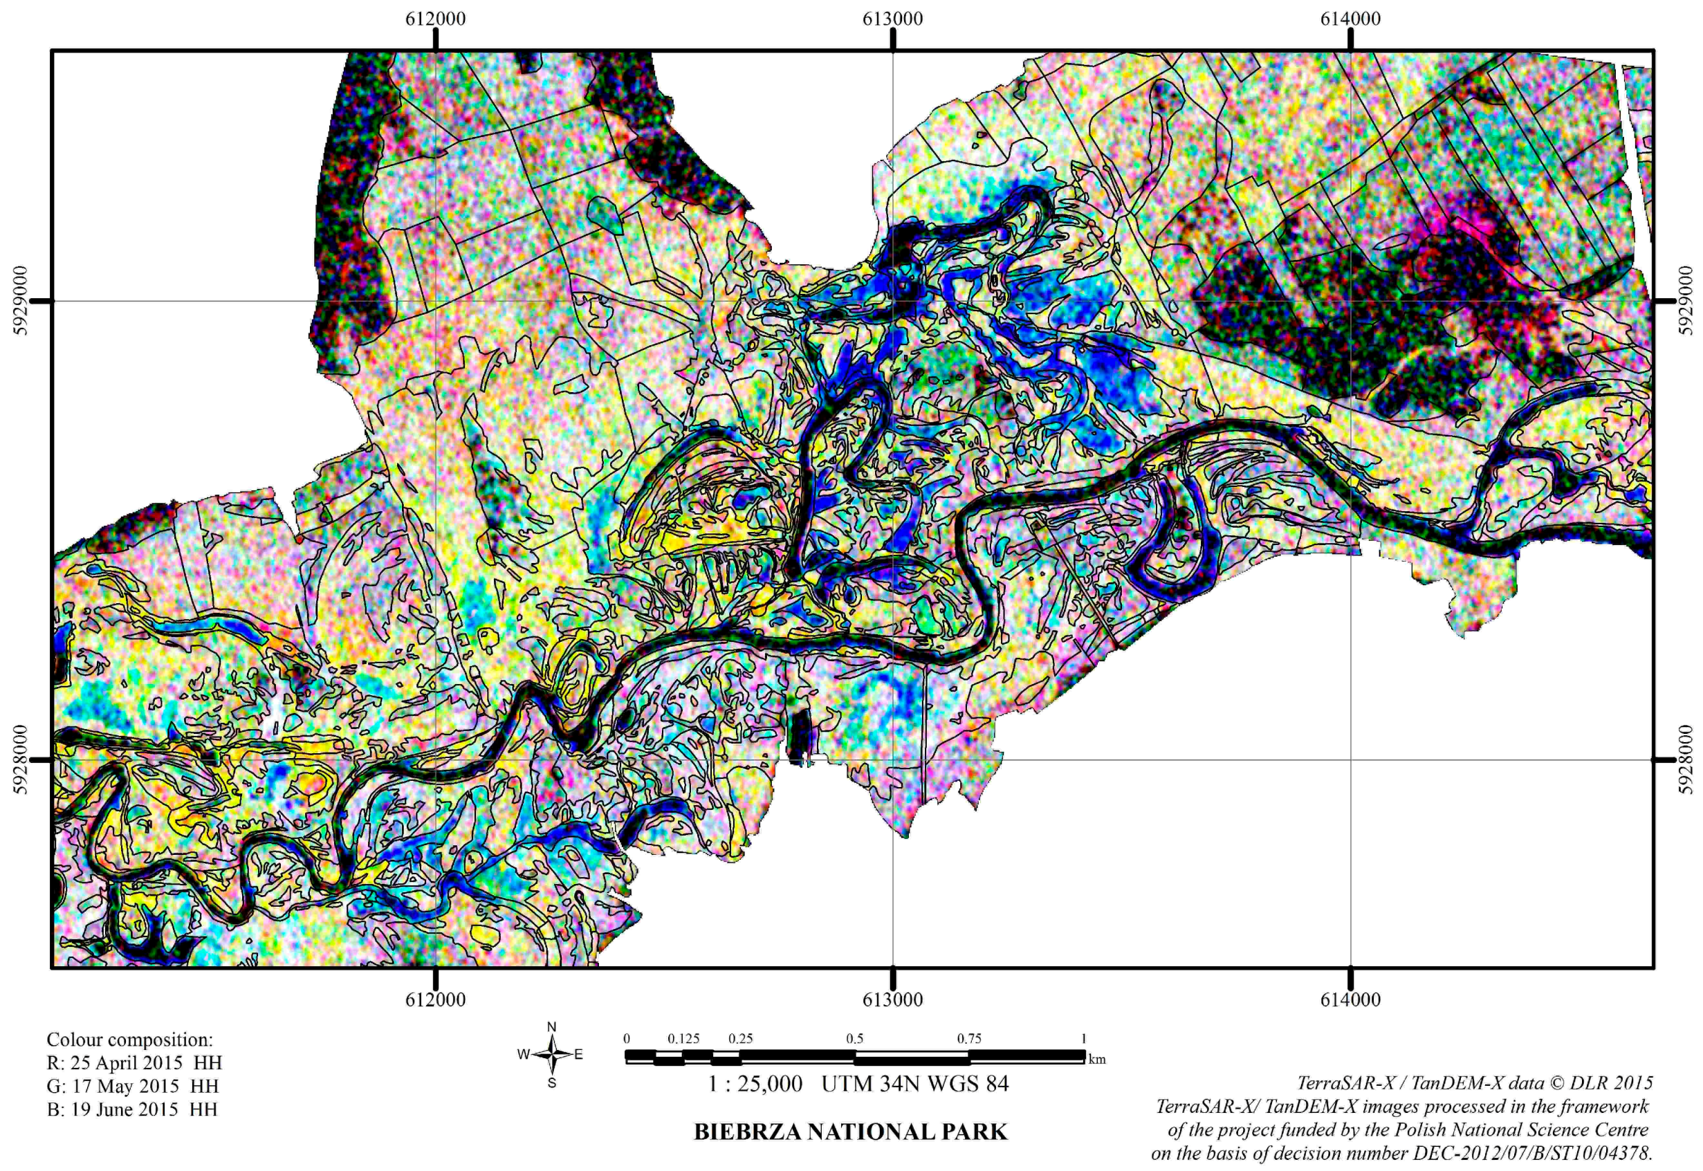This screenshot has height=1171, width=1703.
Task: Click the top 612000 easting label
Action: tap(435, 19)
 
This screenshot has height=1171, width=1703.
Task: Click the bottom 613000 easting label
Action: tap(892, 999)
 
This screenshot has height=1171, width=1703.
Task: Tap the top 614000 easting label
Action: tap(1350, 19)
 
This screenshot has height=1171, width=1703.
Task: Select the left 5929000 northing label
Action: tap(21, 301)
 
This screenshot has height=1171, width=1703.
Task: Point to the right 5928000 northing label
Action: tap(1686, 759)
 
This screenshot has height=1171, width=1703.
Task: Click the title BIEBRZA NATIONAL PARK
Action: tap(851, 1132)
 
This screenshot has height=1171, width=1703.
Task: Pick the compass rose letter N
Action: tap(552, 1026)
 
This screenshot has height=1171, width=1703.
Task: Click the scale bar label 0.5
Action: tap(855, 1039)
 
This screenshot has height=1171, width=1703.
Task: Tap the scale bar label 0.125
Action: tap(683, 1039)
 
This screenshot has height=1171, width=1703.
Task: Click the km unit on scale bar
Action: tap(1098, 1060)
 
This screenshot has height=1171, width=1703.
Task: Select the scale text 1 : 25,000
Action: tap(755, 1084)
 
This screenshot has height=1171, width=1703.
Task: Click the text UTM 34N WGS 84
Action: tap(915, 1084)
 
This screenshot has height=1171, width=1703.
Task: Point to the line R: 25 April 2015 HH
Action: tap(134, 1062)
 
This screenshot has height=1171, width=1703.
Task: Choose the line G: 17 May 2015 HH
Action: tap(132, 1086)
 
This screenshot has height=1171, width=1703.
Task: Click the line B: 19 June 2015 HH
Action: tap(132, 1109)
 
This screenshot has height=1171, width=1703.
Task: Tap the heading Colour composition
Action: tap(130, 1040)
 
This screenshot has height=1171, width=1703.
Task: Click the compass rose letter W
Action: tap(523, 1054)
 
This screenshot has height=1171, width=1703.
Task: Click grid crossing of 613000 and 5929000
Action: tap(893, 301)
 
